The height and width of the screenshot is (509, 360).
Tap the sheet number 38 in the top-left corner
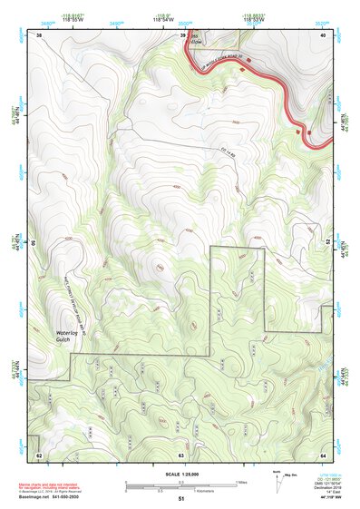tap(39, 34)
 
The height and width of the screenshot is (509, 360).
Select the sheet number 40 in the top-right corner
tap(322, 34)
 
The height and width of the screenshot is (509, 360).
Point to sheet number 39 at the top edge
tap(181, 34)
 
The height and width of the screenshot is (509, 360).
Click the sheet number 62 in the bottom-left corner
tap(39, 454)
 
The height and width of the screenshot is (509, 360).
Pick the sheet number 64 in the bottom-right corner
tap(322, 454)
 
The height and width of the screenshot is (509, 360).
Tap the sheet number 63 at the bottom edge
tap(181, 454)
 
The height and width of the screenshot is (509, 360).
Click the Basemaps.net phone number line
tap(46, 496)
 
